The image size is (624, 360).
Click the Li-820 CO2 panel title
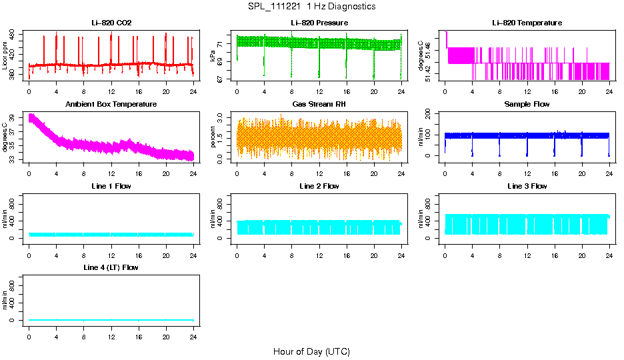[x=111, y=23]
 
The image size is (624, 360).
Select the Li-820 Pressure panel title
[x=319, y=23]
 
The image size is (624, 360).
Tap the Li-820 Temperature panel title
[x=527, y=23]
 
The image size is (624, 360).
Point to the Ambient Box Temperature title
[x=111, y=105]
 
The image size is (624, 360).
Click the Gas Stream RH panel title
[x=319, y=105]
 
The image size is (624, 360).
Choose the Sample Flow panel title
[x=527, y=105]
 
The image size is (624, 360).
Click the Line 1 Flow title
[x=111, y=186]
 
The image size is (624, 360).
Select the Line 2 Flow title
[x=319, y=186]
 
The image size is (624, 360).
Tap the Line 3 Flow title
[x=527, y=186]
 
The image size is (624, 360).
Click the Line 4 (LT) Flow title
[x=111, y=267]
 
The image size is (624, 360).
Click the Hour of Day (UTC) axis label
[x=311, y=351]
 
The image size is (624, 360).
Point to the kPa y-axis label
[x=213, y=56]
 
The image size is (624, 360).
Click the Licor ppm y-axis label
[x=5, y=56]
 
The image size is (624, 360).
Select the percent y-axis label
[x=213, y=137]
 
